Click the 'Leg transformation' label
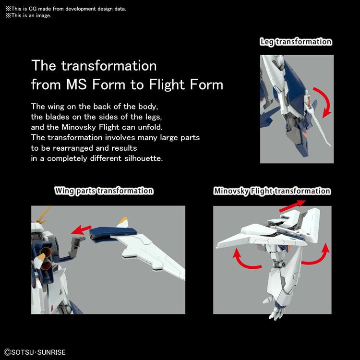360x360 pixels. click(296, 42)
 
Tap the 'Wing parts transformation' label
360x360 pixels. click(104, 191)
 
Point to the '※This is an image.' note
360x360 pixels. click(28, 16)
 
